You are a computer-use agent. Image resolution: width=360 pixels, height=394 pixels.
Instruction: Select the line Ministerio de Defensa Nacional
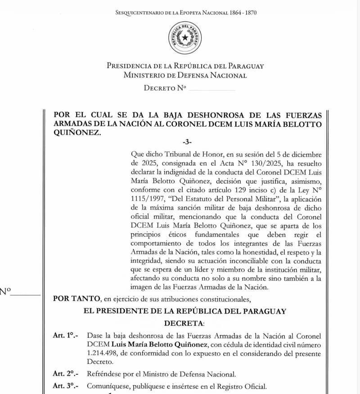185,75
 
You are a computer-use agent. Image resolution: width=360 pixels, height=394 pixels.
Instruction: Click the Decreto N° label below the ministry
165,88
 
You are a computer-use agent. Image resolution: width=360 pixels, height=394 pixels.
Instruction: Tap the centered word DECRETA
184,323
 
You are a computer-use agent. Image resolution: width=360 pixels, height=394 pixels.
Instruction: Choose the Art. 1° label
65,335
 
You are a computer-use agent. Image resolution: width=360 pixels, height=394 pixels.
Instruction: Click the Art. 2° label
65,374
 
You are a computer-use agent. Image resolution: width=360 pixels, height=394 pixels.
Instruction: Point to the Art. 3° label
65,385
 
